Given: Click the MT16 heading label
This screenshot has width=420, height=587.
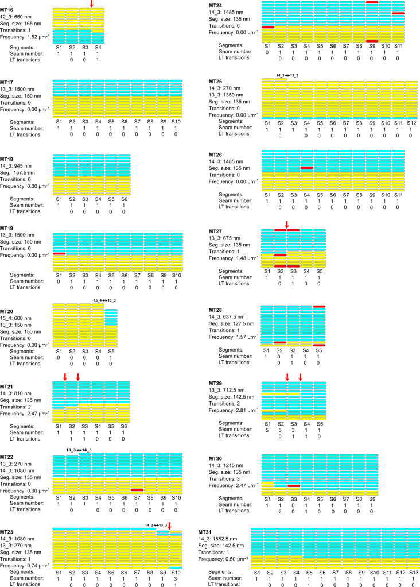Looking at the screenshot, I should [7, 10].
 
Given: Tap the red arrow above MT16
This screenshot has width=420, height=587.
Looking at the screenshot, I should [92, 4].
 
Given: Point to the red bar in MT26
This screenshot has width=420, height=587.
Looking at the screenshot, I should [307, 168].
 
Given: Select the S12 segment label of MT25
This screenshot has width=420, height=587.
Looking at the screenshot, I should [411, 123].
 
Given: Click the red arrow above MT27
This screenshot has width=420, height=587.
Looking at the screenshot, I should [287, 223].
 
